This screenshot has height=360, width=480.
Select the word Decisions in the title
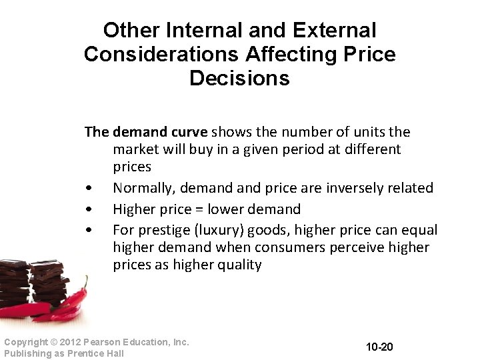pos(239,78)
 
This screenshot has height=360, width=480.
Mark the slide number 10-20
pos(380,347)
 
